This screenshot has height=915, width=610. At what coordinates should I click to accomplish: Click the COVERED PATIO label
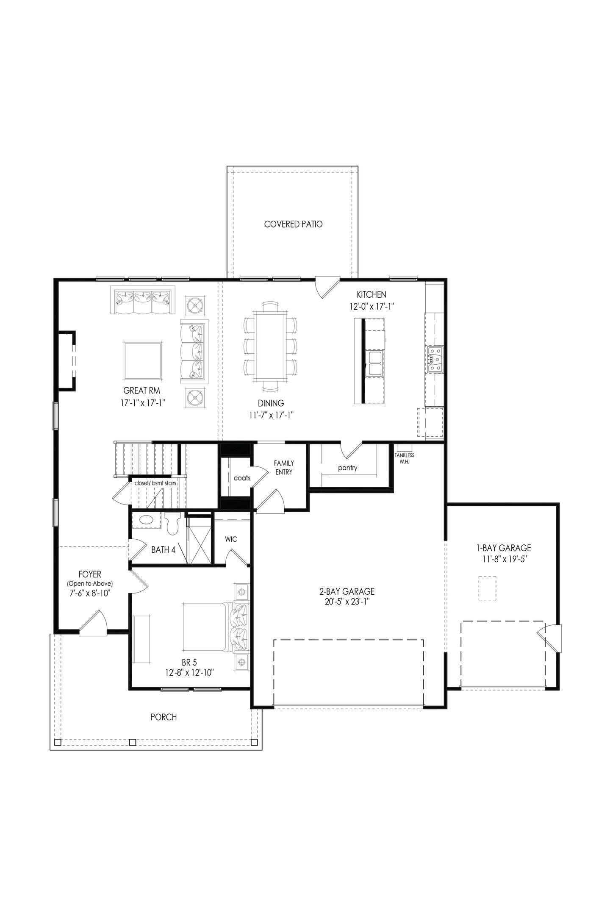coord(293,224)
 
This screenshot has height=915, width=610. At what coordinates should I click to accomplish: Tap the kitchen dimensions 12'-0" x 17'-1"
coord(372,307)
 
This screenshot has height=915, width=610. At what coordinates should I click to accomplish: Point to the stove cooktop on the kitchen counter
coord(435,353)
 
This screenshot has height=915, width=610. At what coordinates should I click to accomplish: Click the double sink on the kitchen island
coord(375,363)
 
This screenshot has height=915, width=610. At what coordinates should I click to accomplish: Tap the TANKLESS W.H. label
coord(404,458)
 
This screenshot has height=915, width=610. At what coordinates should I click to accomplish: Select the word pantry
coord(347,468)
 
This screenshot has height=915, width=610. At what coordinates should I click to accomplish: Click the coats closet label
coord(242,478)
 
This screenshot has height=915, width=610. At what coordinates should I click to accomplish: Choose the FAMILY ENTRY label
coord(283,467)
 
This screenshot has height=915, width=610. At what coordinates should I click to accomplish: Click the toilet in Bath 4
coord(173,524)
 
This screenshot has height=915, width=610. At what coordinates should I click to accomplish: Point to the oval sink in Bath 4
coord(146,520)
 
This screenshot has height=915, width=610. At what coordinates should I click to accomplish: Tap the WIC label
coord(231,539)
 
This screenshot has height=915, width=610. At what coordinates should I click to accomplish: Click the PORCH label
coord(164,717)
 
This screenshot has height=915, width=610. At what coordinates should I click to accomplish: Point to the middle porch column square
coord(132,742)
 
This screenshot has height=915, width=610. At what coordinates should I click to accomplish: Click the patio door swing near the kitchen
coord(326,286)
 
